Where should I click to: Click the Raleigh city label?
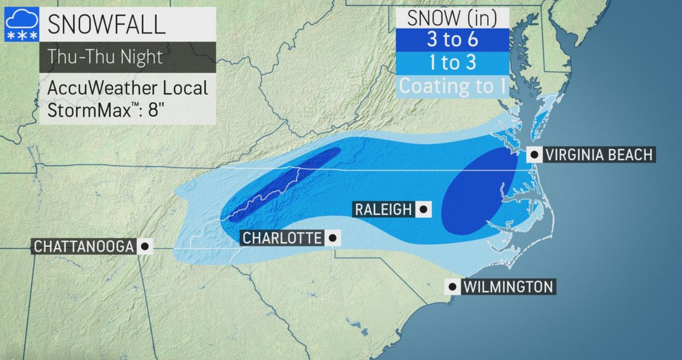click(383, 209)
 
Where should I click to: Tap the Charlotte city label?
click(282, 238)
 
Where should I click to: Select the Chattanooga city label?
click(84, 246)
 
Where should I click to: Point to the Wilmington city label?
click(508, 287)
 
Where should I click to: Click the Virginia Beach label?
click(599, 155)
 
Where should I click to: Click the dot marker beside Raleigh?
click(424, 209)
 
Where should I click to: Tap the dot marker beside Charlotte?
click(333, 238)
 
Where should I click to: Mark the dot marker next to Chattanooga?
click(145, 246)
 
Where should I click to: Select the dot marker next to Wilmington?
click(452, 287)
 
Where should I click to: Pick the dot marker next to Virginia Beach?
click(535, 155)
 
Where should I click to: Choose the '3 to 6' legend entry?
click(452, 40)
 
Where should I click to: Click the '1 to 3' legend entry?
click(452, 63)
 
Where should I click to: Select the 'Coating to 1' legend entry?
click(452, 86)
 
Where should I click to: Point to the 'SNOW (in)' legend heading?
click(452, 18)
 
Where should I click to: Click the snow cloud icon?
click(22, 24)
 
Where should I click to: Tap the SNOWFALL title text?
click(106, 24)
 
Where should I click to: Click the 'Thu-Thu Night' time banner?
click(105, 57)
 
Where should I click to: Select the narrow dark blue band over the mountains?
click(284, 184)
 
